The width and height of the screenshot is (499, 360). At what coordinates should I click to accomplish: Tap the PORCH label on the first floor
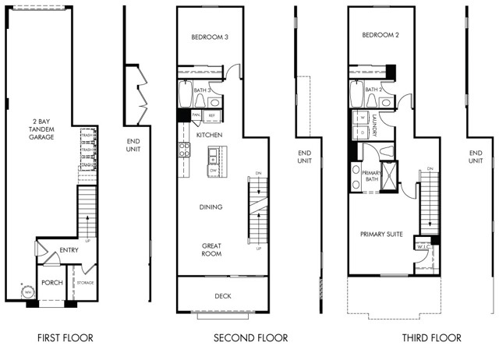pyautogui.click(x=51, y=282)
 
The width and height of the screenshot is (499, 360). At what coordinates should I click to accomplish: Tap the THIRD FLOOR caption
pyautogui.click(x=431, y=338)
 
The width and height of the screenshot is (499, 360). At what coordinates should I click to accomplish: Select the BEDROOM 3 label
pyautogui.click(x=209, y=37)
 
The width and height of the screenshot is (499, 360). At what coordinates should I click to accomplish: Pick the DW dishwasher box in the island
pyautogui.click(x=212, y=169)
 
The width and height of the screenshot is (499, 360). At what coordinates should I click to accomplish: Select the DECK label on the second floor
pyautogui.click(x=222, y=296)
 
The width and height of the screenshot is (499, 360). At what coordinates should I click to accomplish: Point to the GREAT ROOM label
pyautogui.click(x=211, y=249)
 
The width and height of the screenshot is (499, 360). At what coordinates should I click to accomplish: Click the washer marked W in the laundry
pyautogui.click(x=363, y=118)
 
